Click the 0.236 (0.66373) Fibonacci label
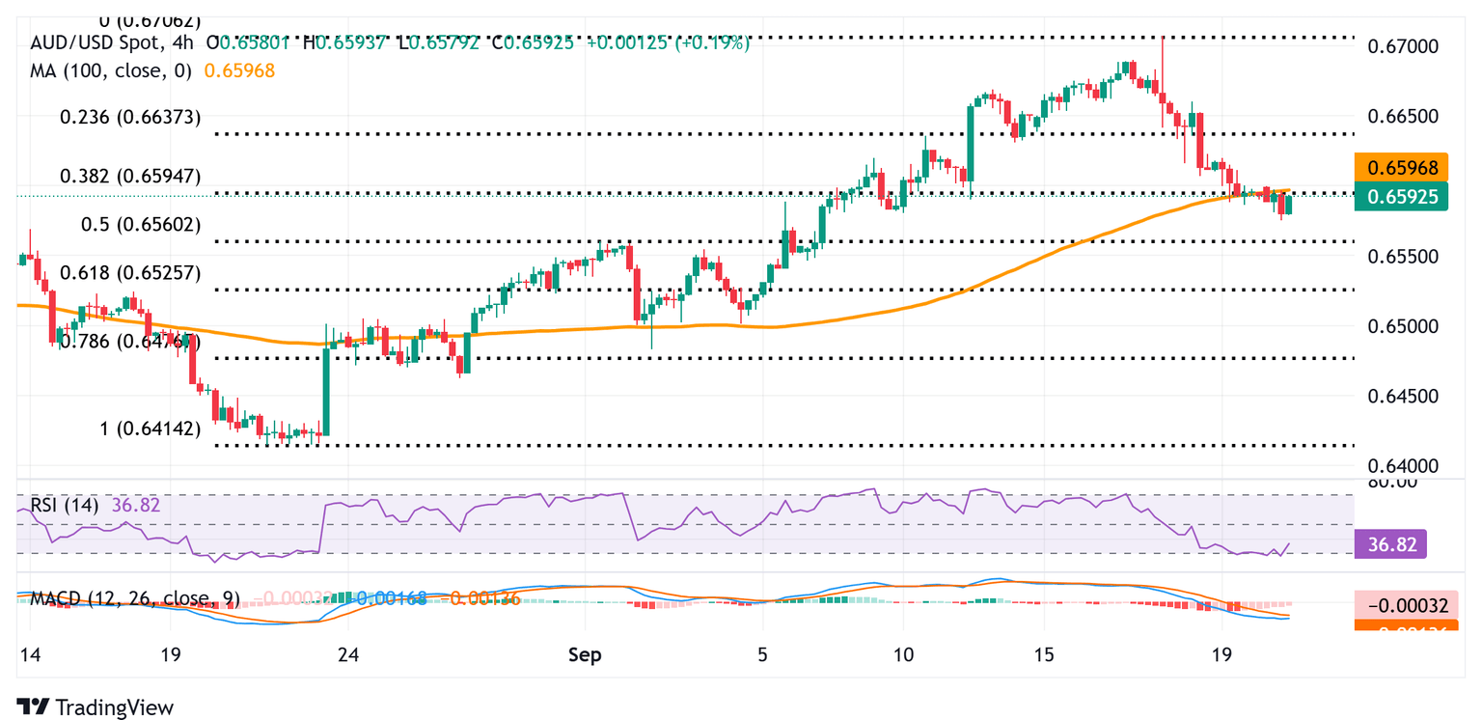129,117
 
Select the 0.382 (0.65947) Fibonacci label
129,176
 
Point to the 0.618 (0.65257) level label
129,272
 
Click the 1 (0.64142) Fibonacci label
150,429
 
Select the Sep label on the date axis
585,654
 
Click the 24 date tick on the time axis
349,654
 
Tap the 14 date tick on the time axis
29,654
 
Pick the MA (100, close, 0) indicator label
111,70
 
